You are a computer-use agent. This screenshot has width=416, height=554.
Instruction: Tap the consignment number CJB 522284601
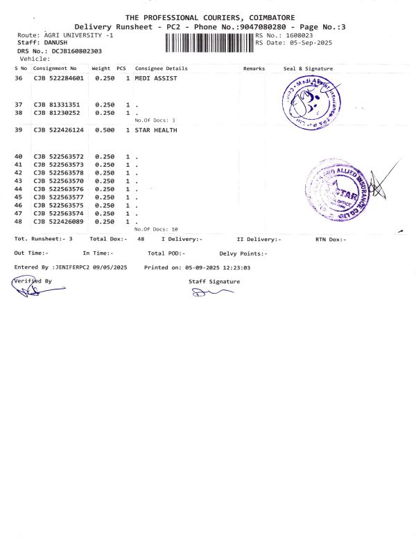coord(59,79)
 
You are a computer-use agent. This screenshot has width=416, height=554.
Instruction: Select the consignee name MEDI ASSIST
coord(156,79)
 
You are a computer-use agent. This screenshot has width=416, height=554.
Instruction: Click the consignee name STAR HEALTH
coord(156,130)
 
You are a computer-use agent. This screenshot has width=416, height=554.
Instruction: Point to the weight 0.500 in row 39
coord(105,130)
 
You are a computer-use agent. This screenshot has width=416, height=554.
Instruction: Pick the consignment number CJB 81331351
coord(56,105)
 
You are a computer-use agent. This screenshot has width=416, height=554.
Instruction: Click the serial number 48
coord(19,222)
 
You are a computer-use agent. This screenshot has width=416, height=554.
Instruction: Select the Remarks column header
coord(254,69)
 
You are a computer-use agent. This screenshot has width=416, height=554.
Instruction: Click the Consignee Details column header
coord(162,69)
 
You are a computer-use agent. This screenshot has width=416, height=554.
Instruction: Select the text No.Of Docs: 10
coord(156,229)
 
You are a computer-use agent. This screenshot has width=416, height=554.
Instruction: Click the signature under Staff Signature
coord(208,293)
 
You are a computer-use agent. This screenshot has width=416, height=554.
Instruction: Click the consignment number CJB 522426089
coord(59,222)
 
